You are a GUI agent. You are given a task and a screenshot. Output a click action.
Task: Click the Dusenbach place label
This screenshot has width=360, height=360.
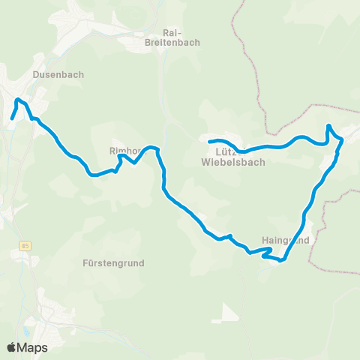[x=58, y=75]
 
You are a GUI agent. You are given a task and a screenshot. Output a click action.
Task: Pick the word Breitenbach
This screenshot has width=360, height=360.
[x=172, y=43]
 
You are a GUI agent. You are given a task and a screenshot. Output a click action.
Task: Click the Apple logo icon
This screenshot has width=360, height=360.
[x=12, y=347]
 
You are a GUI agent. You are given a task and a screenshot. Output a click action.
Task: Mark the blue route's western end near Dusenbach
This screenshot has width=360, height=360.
[x=11, y=118]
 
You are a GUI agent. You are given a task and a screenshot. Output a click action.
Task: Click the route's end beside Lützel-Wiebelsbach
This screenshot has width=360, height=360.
[x=210, y=141]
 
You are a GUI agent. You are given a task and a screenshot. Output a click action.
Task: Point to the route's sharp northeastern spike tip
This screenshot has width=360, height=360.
[x=328, y=126]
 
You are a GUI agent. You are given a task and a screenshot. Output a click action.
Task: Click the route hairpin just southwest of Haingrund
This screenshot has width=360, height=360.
[x=263, y=256]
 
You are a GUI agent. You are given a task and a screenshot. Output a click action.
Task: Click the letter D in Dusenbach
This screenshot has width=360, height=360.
[x=37, y=75]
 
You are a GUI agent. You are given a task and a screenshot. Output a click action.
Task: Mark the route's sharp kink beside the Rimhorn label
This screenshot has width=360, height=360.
[x=120, y=157]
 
